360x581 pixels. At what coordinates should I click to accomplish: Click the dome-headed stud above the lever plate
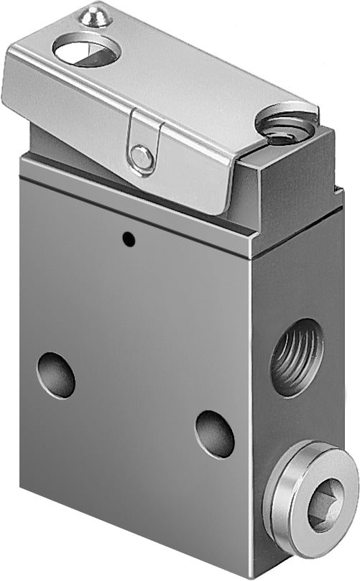tap(96, 15)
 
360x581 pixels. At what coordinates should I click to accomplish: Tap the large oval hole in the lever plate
tap(86, 52)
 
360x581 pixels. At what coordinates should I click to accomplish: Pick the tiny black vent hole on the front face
tap(128, 238)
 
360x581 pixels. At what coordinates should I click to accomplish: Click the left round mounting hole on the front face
tap(56, 374)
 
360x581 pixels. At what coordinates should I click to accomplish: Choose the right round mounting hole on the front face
tap(215, 433)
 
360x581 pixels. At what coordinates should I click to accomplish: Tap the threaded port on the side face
tap(297, 356)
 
